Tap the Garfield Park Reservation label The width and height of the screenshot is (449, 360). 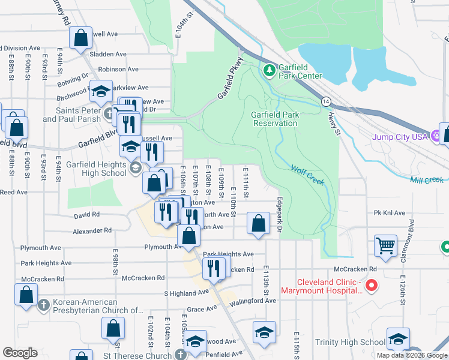pos(274,119)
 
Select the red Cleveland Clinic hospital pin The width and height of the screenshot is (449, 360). pos(371,286)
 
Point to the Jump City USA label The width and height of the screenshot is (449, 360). pos(402,137)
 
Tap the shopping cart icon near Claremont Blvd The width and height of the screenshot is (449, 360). pos(385,244)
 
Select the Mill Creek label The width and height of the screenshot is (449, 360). pos(427,180)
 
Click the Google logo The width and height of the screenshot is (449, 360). pos(20,353)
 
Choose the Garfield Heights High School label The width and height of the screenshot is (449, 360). pos(97,169)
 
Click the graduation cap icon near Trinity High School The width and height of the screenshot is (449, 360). pos(398,339)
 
